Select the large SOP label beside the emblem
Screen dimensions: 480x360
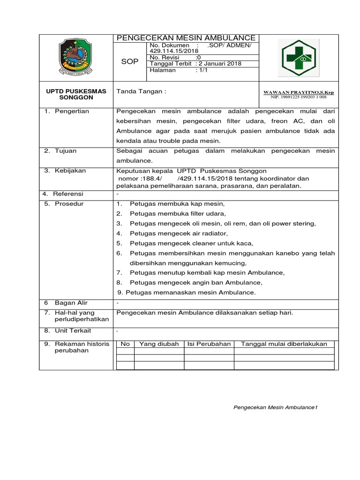[x=130, y=62]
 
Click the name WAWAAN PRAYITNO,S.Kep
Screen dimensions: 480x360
[x=299, y=93]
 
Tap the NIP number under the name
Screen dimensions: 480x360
[x=299, y=97]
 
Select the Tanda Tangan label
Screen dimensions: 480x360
[x=141, y=91]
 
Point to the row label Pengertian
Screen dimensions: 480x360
[x=70, y=112]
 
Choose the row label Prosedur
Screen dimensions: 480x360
[x=68, y=204]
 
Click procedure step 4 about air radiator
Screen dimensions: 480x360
[x=179, y=233]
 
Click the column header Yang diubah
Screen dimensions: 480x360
[x=159, y=344]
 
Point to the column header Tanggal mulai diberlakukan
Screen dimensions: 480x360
[x=284, y=344]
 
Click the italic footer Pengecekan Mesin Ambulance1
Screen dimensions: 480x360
[x=276, y=407]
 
